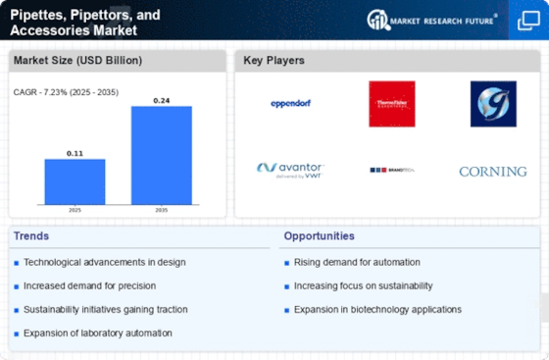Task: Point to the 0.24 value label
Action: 162,99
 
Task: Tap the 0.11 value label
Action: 75,152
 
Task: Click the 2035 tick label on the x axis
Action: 162,209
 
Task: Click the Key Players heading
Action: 274,61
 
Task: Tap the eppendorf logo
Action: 290,104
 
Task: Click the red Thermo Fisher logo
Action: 391,103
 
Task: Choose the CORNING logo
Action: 492,171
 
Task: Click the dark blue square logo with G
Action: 492,103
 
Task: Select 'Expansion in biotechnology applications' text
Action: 377,309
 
